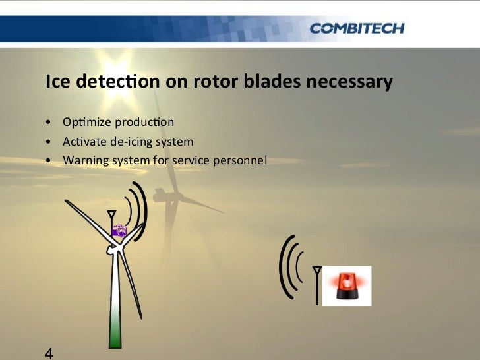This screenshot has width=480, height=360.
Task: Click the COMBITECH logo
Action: [x=356, y=28]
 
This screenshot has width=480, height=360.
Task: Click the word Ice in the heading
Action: [x=57, y=82]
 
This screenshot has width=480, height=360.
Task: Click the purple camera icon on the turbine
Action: [x=119, y=231]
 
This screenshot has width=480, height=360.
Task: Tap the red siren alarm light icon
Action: [x=347, y=286]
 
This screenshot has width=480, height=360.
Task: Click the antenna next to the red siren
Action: [x=317, y=284]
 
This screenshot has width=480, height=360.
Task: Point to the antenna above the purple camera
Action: [x=111, y=217]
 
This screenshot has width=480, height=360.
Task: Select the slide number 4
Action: [x=49, y=353]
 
